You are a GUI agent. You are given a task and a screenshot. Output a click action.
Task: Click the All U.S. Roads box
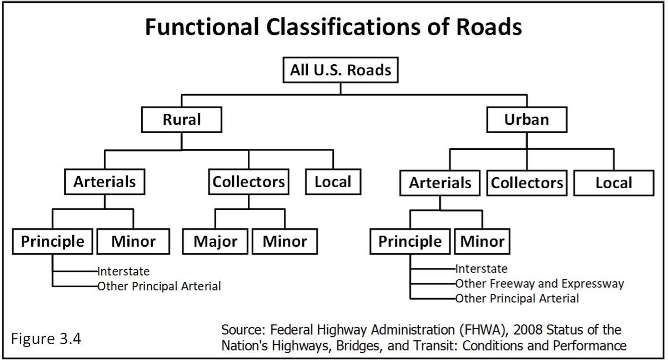pyautogui.click(x=340, y=71)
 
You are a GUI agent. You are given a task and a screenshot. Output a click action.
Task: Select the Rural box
pyautogui.click(x=182, y=120)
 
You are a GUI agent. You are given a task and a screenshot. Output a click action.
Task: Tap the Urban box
pyautogui.click(x=527, y=120)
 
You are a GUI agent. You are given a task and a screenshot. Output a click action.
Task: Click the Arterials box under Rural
pyautogui.click(x=105, y=182)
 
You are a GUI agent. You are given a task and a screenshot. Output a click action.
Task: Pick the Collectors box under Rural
pyautogui.click(x=249, y=182)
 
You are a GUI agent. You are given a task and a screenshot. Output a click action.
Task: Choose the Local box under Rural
pyautogui.click(x=333, y=182)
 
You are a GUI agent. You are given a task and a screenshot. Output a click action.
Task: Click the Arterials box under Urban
pyautogui.click(x=440, y=183)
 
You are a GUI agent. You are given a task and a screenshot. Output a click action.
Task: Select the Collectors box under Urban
pyautogui.click(x=527, y=183)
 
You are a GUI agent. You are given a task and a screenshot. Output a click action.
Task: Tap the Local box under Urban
pyautogui.click(x=614, y=183)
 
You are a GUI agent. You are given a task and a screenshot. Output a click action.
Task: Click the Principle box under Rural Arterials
pyautogui.click(x=52, y=241)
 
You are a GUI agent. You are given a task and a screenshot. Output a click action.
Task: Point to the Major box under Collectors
pyautogui.click(x=215, y=241)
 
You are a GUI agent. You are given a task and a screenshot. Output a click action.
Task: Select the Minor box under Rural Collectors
pyautogui.click(x=285, y=241)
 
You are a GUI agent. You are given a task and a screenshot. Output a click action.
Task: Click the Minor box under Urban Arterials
pyautogui.click(x=482, y=241)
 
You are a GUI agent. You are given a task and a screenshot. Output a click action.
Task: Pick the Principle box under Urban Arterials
pyautogui.click(x=410, y=241)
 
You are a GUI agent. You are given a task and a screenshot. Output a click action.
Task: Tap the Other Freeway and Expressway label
pyautogui.click(x=539, y=284)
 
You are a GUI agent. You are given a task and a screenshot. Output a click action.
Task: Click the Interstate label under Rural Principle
pyautogui.click(x=123, y=272)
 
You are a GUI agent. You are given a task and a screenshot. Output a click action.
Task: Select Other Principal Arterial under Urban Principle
pyautogui.click(x=517, y=298)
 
